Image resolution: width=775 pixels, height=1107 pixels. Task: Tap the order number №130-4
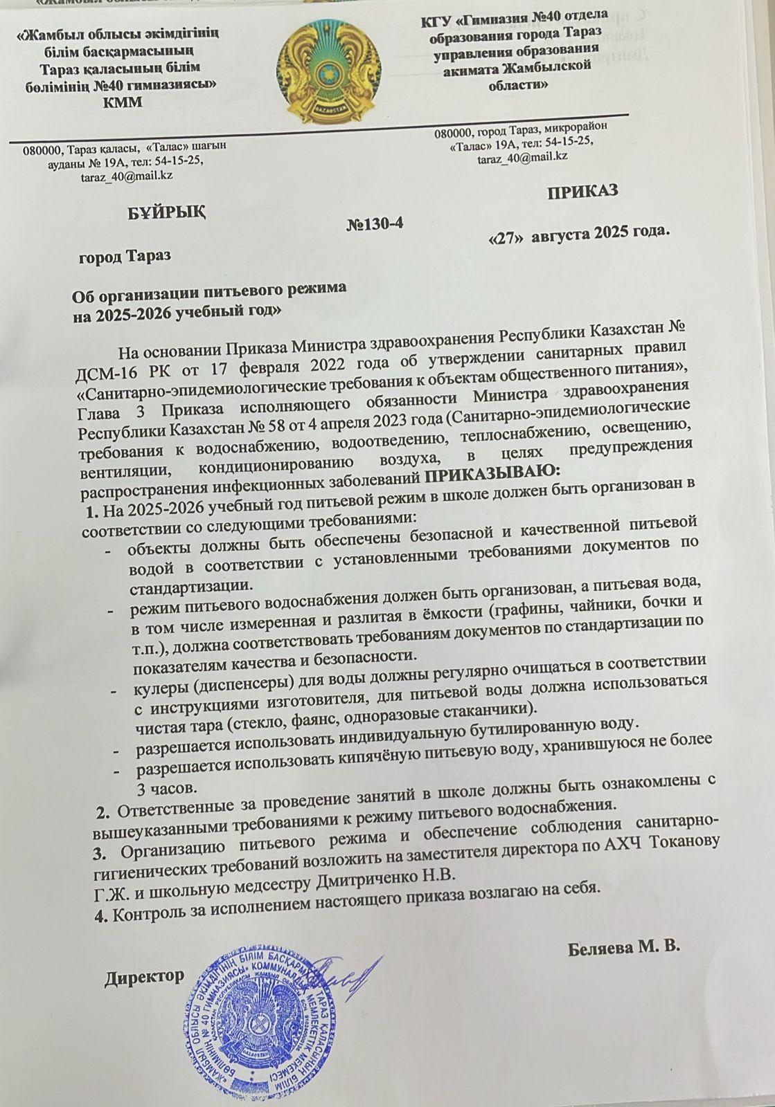click(374, 225)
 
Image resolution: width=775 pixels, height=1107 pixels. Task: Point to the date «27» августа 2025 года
click(579, 234)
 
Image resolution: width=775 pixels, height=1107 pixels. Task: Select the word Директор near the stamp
click(145, 976)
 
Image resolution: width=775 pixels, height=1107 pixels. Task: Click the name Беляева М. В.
click(624, 947)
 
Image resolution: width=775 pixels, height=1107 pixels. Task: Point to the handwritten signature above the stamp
click(346, 971)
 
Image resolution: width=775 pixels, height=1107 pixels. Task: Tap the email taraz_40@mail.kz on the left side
click(127, 176)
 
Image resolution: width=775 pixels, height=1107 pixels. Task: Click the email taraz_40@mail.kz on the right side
click(522, 156)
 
